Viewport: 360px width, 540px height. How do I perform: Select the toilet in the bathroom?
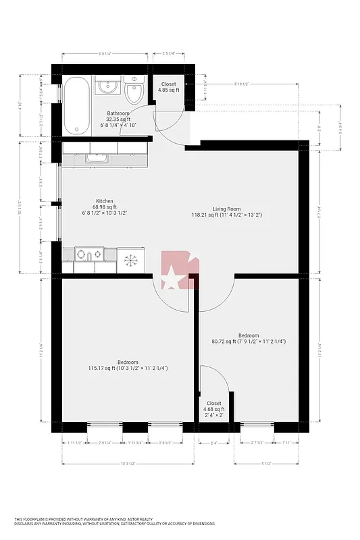[x=134, y=92]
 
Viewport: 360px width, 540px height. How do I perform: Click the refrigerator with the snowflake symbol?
[x=130, y=259]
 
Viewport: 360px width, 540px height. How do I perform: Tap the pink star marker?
[x=174, y=276]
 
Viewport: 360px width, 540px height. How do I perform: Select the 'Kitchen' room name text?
[x=104, y=200]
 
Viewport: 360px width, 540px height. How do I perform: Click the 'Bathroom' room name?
[x=118, y=113]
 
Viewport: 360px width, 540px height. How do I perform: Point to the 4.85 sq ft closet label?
[x=168, y=90]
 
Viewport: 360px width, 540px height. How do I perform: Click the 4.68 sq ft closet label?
[x=213, y=409]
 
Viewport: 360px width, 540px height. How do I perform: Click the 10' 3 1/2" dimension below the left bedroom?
[x=128, y=464]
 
